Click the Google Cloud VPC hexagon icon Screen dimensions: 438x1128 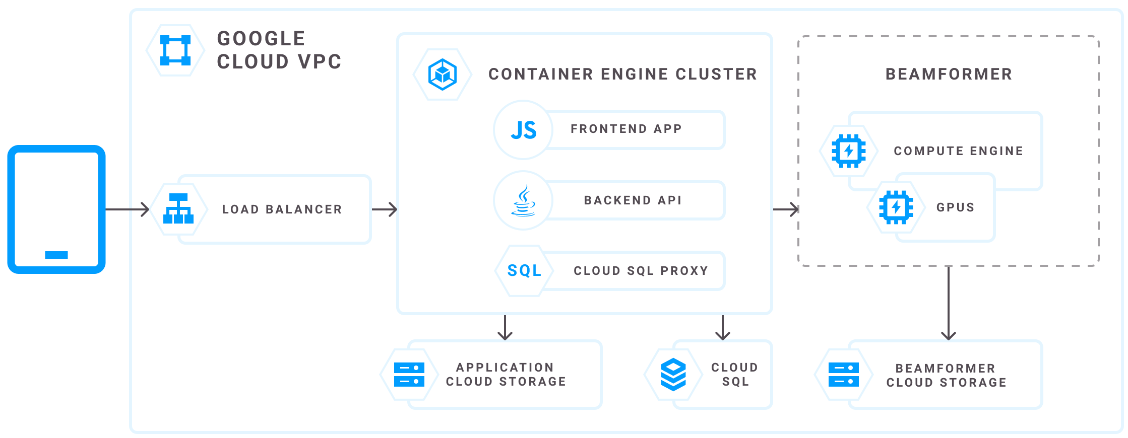[x=175, y=50]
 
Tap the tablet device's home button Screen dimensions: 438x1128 [x=56, y=255]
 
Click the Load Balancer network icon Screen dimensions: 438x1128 [x=178, y=208]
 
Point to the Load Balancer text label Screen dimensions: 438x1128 [x=282, y=209]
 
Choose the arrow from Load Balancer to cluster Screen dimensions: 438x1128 [x=385, y=209]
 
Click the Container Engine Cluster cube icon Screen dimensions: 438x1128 [x=442, y=75]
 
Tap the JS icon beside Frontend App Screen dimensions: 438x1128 [x=523, y=130]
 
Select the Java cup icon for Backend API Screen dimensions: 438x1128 [x=524, y=200]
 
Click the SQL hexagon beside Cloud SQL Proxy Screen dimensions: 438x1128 [x=524, y=271]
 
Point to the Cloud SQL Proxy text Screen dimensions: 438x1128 [x=641, y=271]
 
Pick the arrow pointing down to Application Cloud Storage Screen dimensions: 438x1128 [x=505, y=328]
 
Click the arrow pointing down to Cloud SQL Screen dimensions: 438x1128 [x=723, y=328]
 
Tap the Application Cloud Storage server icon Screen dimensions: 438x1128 [x=409, y=375]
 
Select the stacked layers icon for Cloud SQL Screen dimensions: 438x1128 [x=673, y=375]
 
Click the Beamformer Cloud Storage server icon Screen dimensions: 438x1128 [x=844, y=375]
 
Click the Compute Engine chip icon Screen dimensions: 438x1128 [x=849, y=151]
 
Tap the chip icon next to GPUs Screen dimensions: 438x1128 [x=896, y=207]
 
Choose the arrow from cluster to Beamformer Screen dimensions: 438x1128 [x=786, y=209]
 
